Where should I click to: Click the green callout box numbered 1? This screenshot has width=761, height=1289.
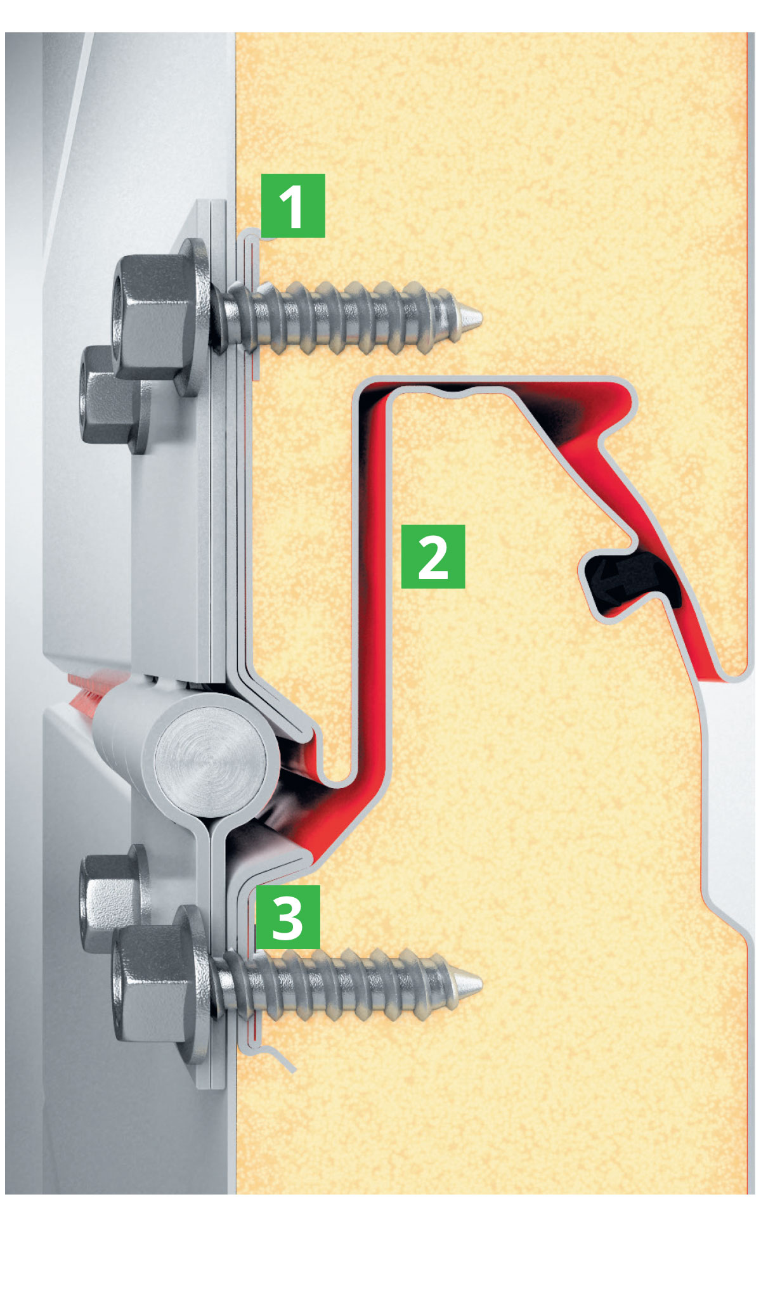click(293, 205)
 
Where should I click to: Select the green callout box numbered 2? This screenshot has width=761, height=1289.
click(433, 556)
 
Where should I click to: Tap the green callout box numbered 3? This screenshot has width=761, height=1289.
click(288, 917)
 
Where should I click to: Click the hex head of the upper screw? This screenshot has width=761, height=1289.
click(152, 317)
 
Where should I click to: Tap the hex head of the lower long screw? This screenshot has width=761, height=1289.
click(152, 985)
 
